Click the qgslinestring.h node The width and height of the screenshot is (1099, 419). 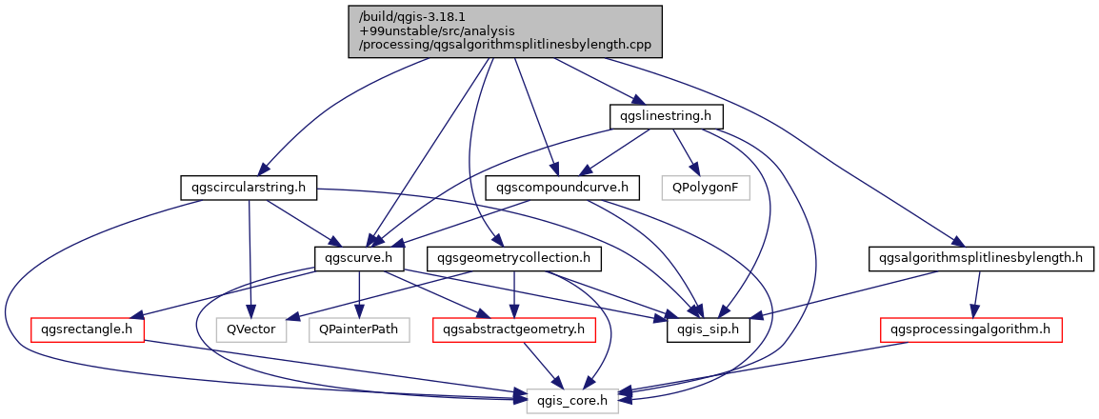[667, 116]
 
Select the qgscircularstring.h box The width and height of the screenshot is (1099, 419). [247, 187]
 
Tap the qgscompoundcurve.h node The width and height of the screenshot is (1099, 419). [562, 187]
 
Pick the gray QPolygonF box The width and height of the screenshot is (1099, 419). [706, 187]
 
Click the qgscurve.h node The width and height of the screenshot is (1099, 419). [359, 258]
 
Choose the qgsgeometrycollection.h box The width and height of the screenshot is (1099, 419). [515, 258]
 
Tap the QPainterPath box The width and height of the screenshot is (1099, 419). [358, 329]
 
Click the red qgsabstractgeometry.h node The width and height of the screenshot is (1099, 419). [514, 329]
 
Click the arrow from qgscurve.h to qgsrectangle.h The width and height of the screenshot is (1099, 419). [229, 294]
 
